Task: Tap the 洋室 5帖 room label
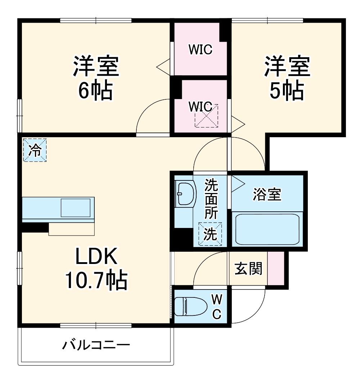click(287, 77)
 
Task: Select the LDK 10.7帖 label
click(96, 268)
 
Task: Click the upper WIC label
click(201, 50)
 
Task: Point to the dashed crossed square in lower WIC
click(206, 115)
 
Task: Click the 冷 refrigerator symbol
click(35, 150)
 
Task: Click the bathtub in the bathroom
click(267, 229)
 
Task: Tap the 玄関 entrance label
click(248, 268)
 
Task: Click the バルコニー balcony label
click(96, 346)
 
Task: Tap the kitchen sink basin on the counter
click(76, 207)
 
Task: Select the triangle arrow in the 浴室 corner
click(237, 182)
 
